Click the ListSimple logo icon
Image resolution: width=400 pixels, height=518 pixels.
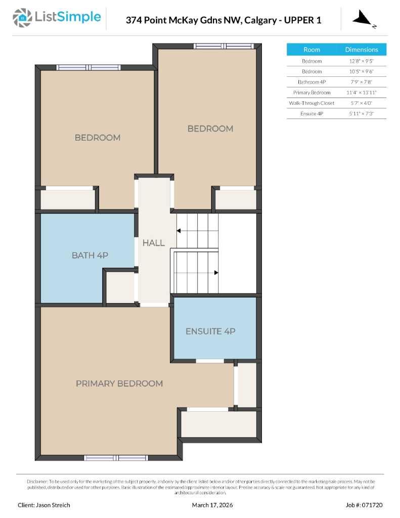coord(22,18)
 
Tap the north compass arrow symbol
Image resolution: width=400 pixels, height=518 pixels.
coord(363,19)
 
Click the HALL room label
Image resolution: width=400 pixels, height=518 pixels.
coord(153,243)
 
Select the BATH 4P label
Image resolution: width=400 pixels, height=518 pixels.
coord(90,255)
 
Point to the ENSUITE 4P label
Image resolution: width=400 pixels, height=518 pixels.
coord(210,331)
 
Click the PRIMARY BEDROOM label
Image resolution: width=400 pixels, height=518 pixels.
coord(119,383)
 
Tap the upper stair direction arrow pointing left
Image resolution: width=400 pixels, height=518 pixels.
coord(179,231)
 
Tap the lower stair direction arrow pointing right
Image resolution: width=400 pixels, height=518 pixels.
coord(216,273)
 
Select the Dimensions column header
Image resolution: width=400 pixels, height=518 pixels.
coord(362,50)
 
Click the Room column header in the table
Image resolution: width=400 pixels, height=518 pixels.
coord(312,50)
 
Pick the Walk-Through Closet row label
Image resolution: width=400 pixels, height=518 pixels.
coord(312,103)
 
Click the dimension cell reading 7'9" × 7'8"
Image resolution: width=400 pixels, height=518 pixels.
coord(362,82)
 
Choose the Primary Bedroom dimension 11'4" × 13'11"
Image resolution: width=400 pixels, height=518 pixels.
coord(362,93)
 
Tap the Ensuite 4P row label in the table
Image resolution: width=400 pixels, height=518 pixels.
coord(312,114)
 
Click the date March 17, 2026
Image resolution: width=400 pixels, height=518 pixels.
coord(212,505)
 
